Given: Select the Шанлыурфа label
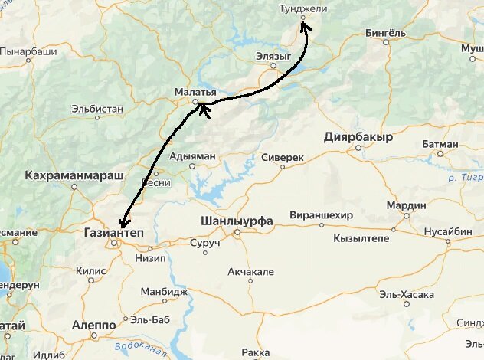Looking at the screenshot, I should point(236,221).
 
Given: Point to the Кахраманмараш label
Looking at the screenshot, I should point(74,176).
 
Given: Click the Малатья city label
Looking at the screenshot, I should point(195,92).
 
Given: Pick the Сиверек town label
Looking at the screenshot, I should point(283,156).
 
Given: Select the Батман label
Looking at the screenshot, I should point(440,143).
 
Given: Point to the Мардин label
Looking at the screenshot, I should point(406,205).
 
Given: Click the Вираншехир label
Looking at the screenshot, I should point(321,215).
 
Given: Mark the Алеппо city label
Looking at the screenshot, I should point(93,325).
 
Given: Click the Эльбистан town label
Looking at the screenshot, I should point(97,109).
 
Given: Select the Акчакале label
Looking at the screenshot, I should point(250,272).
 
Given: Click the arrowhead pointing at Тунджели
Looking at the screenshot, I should point(304,25).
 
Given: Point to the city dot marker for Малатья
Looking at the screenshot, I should point(195,102).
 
